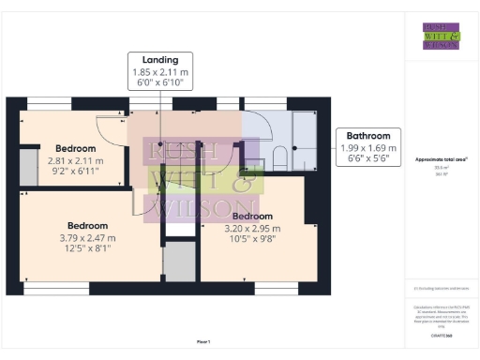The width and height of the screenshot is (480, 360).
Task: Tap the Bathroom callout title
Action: [x=368, y=135]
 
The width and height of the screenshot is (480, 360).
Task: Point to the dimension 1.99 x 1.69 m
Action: [x=368, y=147]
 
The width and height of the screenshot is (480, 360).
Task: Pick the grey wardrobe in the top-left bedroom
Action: [x=28, y=160]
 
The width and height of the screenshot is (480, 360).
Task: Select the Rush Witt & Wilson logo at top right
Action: [x=441, y=36]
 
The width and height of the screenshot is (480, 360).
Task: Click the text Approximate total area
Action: [x=441, y=159]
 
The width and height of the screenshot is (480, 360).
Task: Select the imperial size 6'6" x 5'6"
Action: [x=368, y=158]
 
